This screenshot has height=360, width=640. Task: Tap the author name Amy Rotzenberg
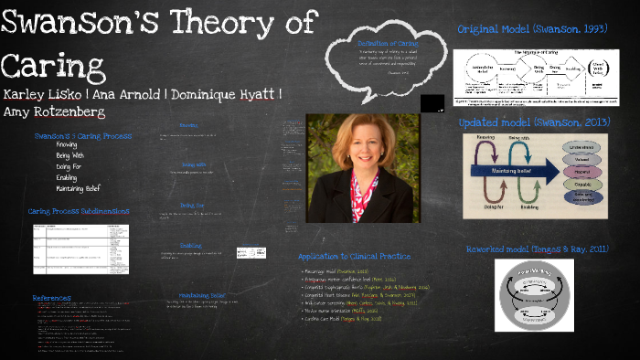click(x=54, y=111)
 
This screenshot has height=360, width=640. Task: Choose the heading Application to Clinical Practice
click(x=355, y=257)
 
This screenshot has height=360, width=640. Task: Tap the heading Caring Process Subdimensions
click(x=79, y=211)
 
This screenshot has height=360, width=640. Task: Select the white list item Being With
click(x=69, y=155)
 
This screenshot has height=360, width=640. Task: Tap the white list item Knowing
click(x=66, y=145)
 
